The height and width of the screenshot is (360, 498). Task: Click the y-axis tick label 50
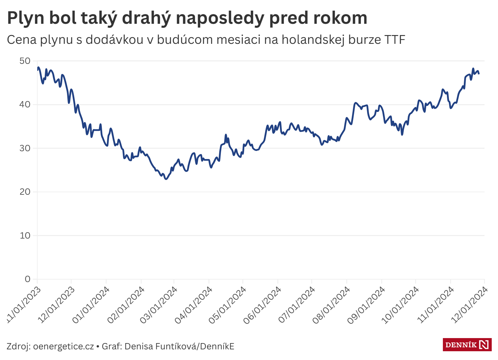[25, 61]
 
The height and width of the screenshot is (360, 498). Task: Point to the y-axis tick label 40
[25, 105]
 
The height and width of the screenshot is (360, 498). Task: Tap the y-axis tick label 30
[25, 148]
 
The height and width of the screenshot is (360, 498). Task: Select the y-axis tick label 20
[25, 192]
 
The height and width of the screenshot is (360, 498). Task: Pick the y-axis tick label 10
[25, 236]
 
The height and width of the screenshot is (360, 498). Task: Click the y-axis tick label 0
[28, 279]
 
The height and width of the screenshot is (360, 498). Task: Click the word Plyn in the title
[26, 18]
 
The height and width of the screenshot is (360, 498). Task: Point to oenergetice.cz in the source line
[63, 347]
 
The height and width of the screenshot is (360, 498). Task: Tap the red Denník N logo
[467, 345]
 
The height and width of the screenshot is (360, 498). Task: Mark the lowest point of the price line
[166, 179]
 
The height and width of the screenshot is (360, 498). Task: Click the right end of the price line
[479, 74]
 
